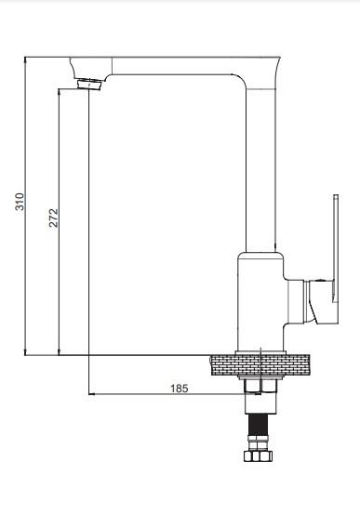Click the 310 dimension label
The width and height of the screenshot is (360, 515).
click(x=20, y=202)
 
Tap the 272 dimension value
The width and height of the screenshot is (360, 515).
click(x=53, y=218)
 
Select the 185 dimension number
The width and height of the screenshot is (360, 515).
click(x=180, y=389)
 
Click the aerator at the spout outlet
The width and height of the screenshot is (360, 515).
click(x=89, y=84)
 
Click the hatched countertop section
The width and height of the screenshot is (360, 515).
click(x=260, y=365)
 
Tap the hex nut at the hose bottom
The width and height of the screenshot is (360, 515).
click(x=258, y=456)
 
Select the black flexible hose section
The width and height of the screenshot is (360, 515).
click(x=258, y=426)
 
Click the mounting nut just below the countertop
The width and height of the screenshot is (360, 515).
click(x=260, y=386)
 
